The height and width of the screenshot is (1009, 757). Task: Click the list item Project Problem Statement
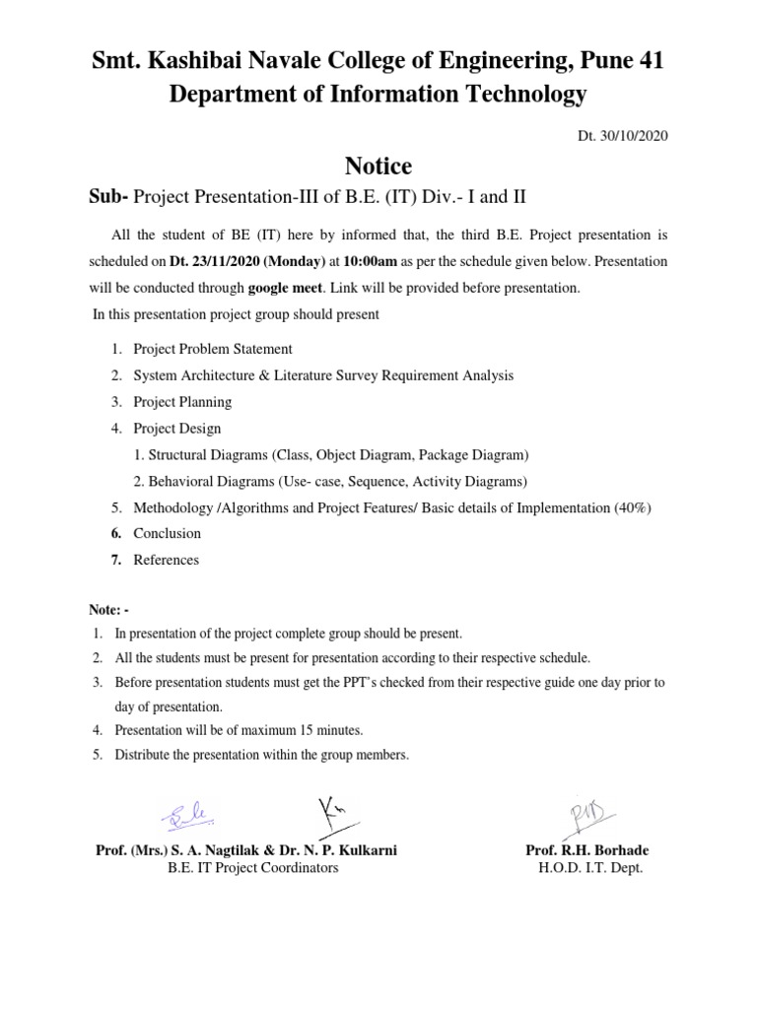click(212, 349)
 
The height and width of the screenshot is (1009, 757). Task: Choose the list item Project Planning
click(182, 402)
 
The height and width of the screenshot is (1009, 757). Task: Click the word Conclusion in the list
click(167, 533)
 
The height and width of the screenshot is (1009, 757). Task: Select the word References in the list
click(166, 560)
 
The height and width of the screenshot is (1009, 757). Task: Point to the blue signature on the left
click(185, 816)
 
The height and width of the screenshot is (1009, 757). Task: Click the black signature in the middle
click(331, 813)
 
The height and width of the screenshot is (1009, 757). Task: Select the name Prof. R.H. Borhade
click(588, 850)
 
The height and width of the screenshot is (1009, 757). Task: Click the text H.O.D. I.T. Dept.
click(589, 868)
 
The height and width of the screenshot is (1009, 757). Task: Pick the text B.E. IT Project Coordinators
click(253, 868)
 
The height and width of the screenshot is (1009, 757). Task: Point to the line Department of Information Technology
click(378, 95)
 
